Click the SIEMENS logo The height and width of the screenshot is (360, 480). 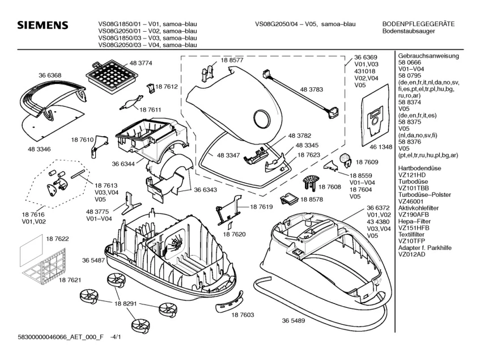[43, 27]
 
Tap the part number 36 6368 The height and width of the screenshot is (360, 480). [50, 75]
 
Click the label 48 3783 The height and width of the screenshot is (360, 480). [311, 90]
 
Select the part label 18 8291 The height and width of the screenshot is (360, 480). [126, 304]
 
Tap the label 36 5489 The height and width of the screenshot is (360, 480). [294, 320]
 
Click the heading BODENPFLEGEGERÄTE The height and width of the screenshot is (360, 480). [419, 24]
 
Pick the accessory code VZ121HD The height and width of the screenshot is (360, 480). [413, 175]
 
